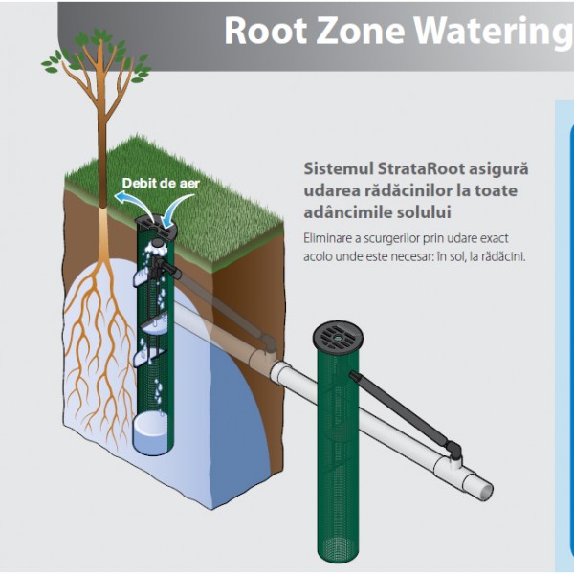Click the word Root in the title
pos(266,31)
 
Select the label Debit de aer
pos(161,183)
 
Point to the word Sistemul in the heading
pos(339,168)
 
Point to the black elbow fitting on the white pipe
pos(454,450)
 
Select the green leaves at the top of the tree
pos(97,55)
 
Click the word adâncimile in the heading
pos(341,212)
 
